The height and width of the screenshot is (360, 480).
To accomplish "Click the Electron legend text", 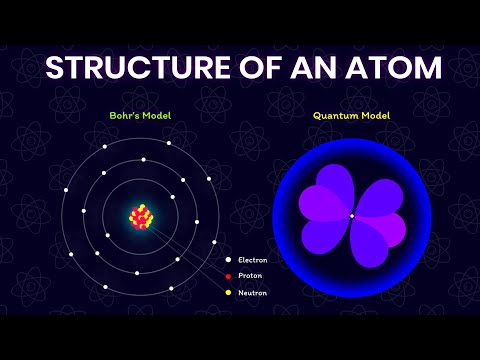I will pos(252,260).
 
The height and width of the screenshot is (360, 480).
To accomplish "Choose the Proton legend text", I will pos(250,277).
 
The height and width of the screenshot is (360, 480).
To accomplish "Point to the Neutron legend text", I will pos(252,294).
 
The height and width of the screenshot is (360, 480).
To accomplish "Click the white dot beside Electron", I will pos(228,260).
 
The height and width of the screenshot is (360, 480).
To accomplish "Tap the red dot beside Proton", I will pos(228,277).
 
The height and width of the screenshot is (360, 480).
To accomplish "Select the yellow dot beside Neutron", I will pos(228,294).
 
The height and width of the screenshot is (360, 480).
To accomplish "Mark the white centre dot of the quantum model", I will pos(351,215).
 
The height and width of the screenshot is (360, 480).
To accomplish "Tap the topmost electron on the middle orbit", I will pos(144,159).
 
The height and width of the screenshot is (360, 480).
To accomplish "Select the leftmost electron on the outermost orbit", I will pos(66,191).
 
